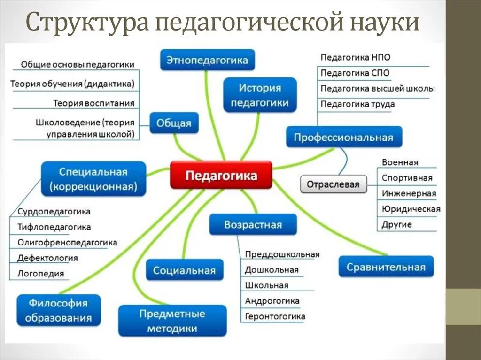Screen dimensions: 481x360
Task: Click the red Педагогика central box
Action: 221,176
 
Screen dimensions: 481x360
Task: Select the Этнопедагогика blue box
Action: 207,60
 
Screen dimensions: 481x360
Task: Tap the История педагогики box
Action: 260,95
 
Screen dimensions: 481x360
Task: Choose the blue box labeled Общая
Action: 174,123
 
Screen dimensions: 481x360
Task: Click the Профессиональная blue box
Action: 343,138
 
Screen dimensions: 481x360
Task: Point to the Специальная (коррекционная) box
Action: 94,179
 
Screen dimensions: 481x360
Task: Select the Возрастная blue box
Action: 253,224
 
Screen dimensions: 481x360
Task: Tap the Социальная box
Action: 184,270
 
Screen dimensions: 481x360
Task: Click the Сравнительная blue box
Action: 386,267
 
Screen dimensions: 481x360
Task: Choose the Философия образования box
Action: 58,310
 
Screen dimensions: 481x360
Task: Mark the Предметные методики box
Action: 172,321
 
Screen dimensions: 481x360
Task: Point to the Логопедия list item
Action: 40,273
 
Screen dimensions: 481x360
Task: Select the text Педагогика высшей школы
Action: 378,88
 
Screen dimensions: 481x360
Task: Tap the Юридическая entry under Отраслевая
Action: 411,209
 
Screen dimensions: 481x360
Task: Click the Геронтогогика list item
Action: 275,316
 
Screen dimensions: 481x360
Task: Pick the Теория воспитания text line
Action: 93,103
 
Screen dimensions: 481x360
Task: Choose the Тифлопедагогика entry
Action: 54,227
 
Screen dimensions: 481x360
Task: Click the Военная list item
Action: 400,162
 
